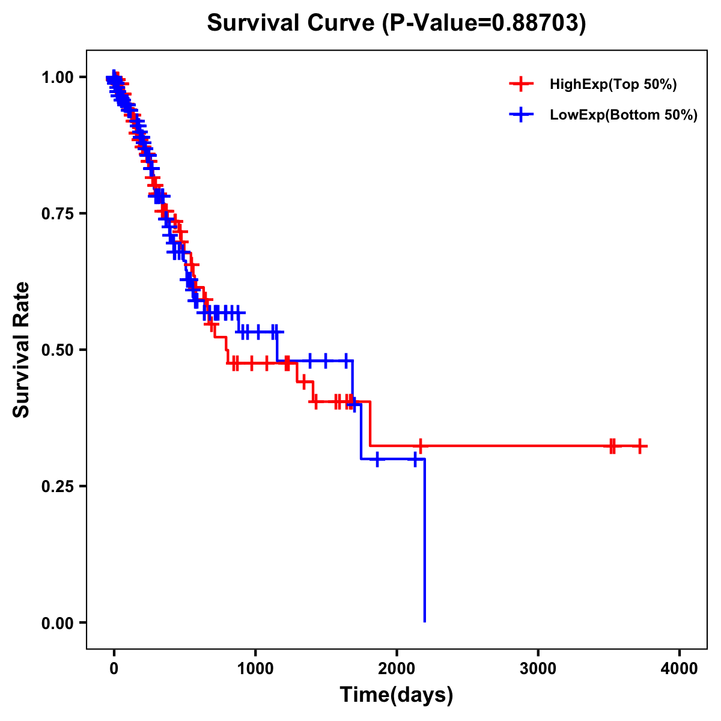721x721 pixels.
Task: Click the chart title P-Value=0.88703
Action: click(x=397, y=23)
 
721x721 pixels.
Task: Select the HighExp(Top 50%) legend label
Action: click(x=613, y=85)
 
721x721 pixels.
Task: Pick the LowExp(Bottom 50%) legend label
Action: click(x=624, y=115)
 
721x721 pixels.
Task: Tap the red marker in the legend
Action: click(x=521, y=84)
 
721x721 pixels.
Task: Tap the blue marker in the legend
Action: click(x=521, y=115)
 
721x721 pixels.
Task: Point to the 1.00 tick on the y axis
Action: click(x=58, y=78)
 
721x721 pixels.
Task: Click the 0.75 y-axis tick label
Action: click(x=58, y=214)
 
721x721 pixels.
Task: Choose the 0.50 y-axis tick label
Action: click(x=58, y=350)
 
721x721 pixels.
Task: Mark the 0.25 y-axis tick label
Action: click(x=58, y=487)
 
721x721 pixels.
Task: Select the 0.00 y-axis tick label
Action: click(x=58, y=623)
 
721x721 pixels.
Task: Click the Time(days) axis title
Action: click(x=397, y=695)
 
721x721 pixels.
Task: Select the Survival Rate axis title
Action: click(x=22, y=350)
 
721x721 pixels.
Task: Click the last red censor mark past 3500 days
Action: click(x=640, y=446)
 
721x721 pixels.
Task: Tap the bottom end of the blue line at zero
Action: click(x=425, y=621)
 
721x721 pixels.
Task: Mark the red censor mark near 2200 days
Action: click(x=421, y=446)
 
